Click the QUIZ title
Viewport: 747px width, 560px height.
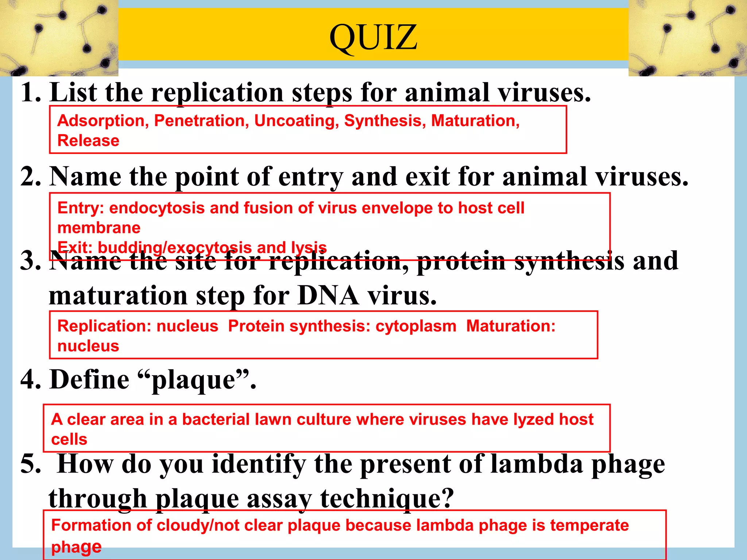(x=373, y=37)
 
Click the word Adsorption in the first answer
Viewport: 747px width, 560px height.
(x=101, y=121)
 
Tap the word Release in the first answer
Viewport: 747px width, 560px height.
(x=88, y=141)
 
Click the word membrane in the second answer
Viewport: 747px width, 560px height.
(x=99, y=228)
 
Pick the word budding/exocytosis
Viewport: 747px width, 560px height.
(x=175, y=248)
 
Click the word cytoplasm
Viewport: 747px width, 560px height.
(x=416, y=326)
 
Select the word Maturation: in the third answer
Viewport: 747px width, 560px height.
(x=511, y=326)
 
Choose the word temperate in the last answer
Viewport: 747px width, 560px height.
(x=589, y=525)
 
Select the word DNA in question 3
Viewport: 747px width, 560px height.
(x=328, y=295)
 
